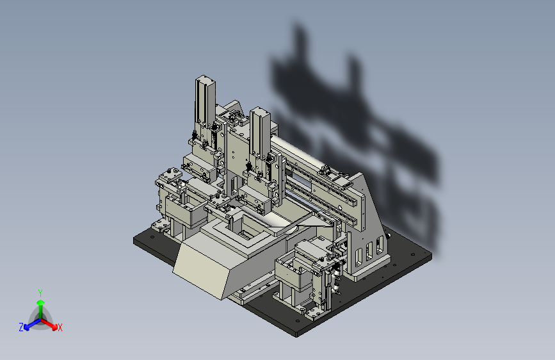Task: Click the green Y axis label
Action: [40, 293]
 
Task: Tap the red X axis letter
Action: [60, 328]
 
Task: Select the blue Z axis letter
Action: [21, 327]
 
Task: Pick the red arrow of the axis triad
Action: [49, 324]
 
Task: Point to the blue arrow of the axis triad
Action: [32, 324]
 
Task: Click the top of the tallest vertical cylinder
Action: [205, 79]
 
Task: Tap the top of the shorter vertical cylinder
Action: [260, 111]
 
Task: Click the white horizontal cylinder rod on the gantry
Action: [297, 152]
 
